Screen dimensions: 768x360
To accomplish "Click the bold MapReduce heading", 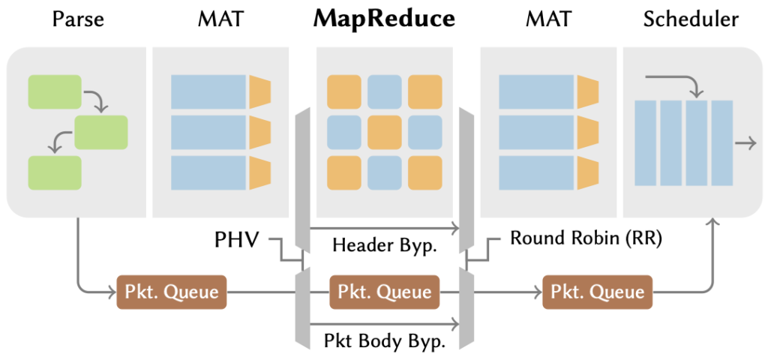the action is coord(385,19).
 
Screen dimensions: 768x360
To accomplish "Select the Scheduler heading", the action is coord(691,19).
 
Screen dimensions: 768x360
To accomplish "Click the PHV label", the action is coord(236,240).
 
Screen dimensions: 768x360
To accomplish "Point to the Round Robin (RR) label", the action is coord(586,238).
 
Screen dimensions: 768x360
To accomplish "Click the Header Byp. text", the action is coord(384,245).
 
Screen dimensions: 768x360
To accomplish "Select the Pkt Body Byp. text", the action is coord(385,341).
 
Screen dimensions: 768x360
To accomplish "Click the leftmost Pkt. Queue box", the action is coord(172,292).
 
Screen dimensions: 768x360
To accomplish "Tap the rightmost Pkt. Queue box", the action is coord(597,292).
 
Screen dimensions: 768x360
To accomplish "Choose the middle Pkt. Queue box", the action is coord(385,292).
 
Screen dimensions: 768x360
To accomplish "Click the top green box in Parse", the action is coord(55,91).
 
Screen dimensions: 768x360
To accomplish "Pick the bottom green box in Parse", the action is coord(55,172).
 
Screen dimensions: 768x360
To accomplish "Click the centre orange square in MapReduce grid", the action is coord(385,132).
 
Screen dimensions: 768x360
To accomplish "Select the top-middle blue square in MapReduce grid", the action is coord(385,91).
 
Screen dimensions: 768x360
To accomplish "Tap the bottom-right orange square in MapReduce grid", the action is coord(425,172).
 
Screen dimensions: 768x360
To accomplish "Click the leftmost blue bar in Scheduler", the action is coord(645,143).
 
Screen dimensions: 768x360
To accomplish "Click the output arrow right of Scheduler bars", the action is coord(745,142).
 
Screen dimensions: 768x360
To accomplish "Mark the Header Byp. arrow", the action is coord(385,228).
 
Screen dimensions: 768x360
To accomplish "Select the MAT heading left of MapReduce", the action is coord(220,19).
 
